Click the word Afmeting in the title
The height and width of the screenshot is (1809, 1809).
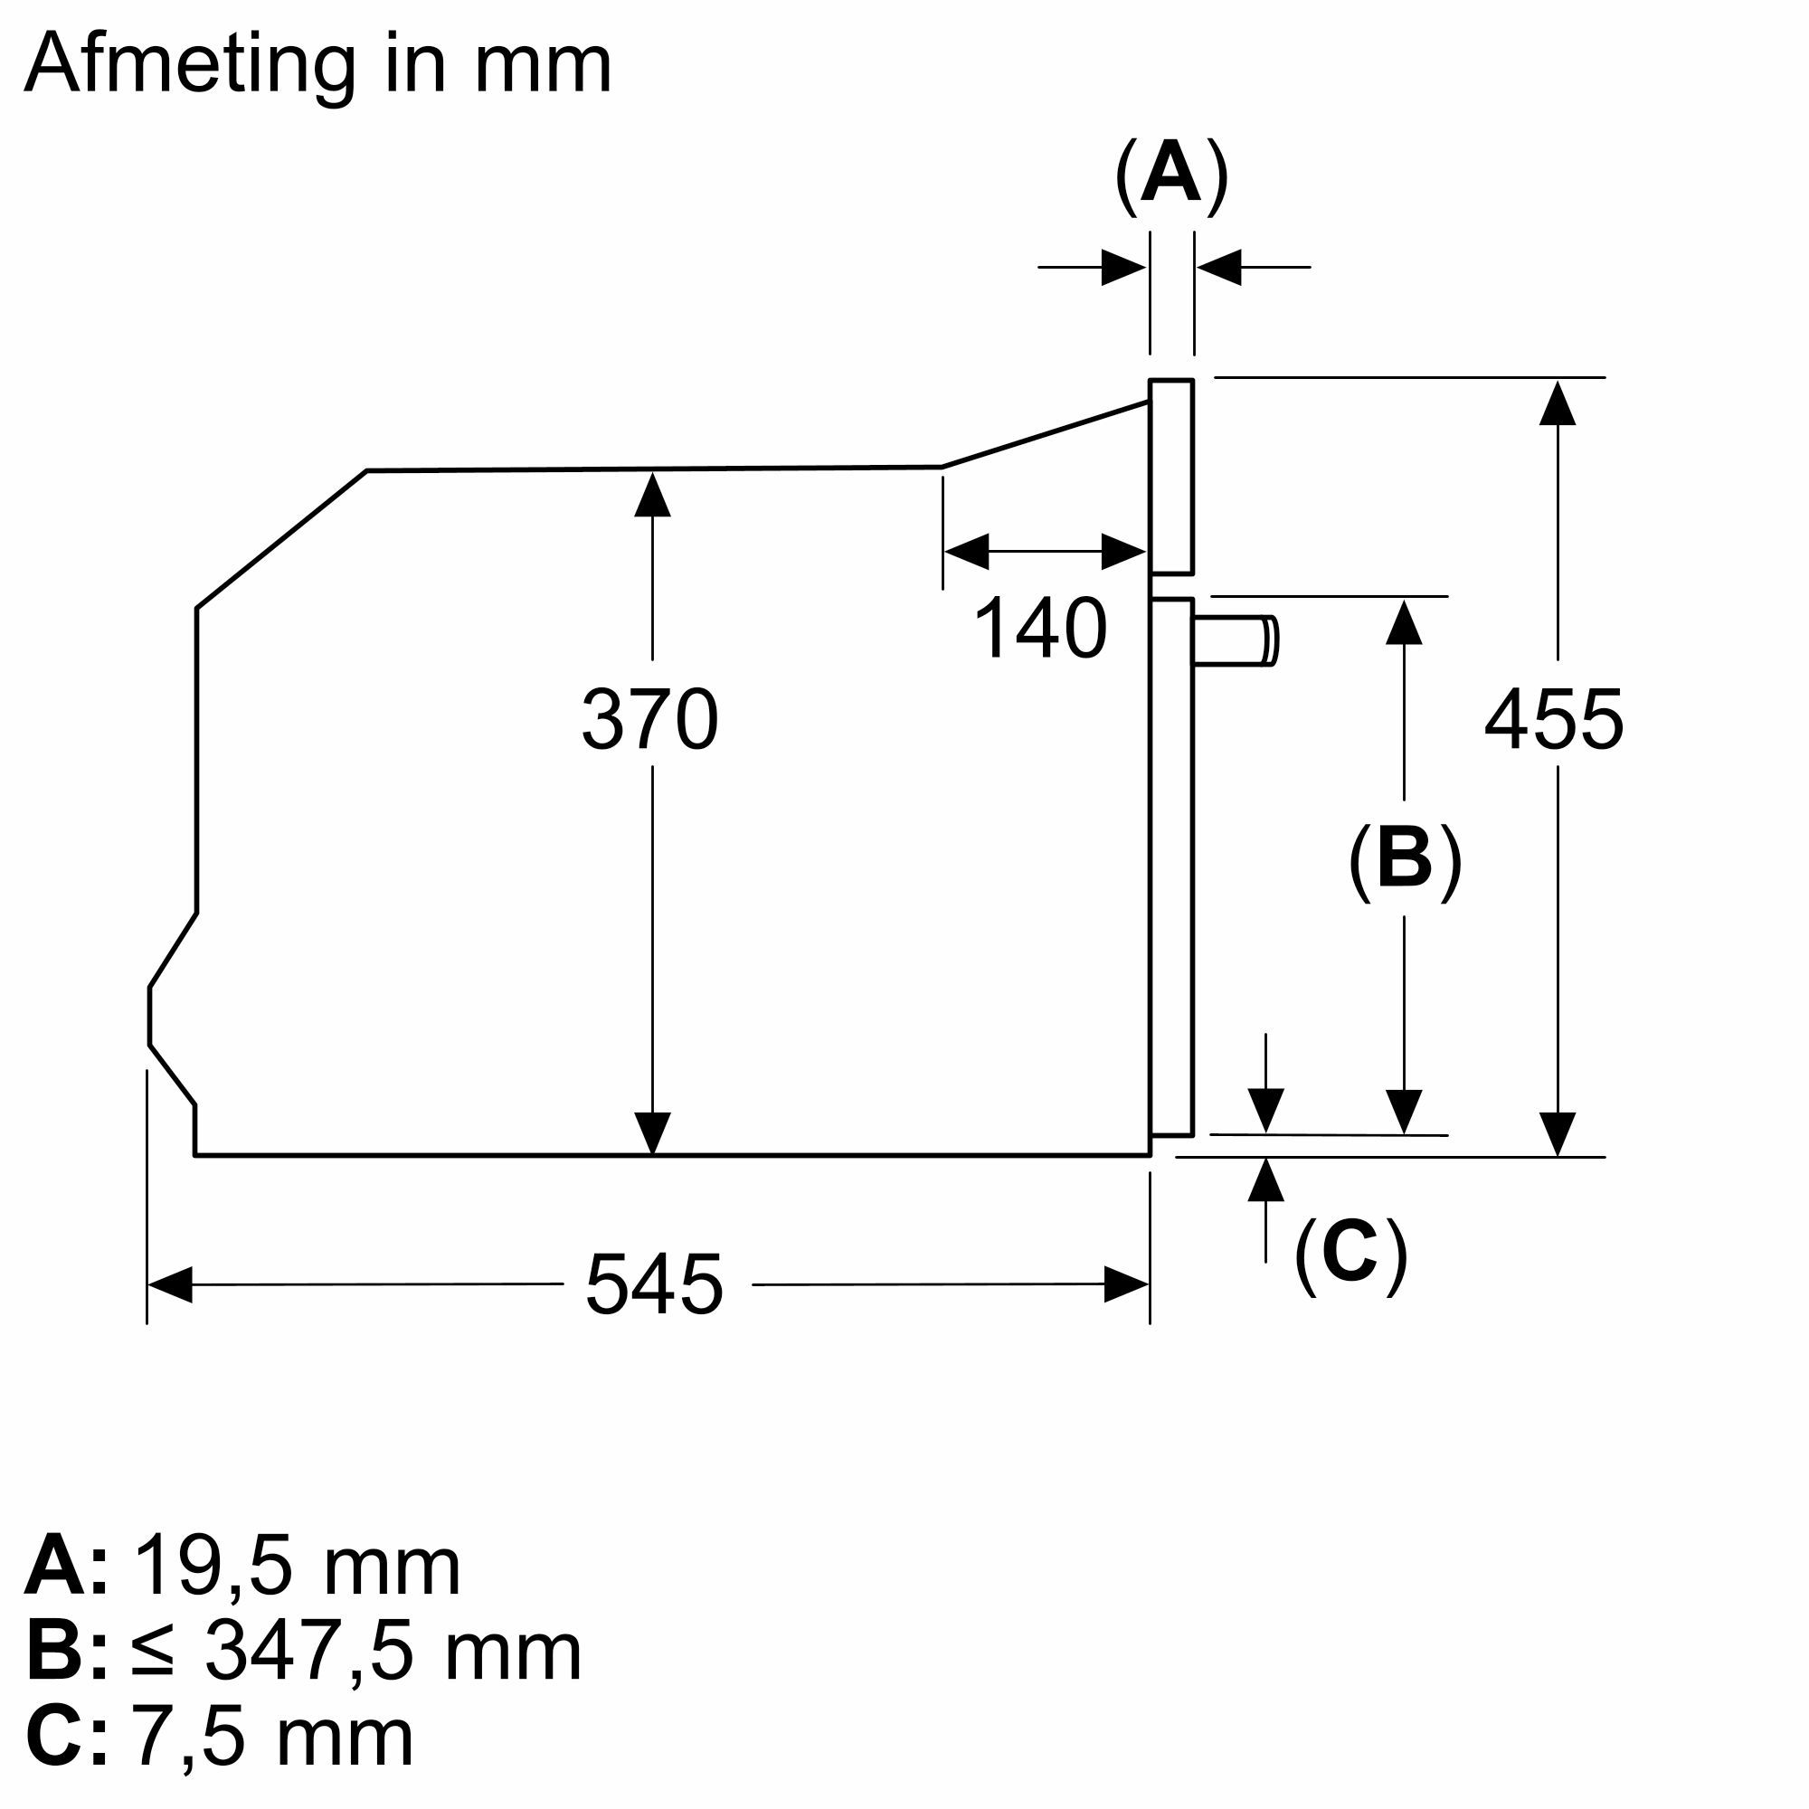tap(190, 65)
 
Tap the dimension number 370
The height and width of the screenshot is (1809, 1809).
tap(649, 720)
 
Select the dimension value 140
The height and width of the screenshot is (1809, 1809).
tap(1040, 630)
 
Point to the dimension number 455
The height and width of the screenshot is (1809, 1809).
tap(1553, 720)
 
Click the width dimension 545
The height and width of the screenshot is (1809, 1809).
tap(654, 1284)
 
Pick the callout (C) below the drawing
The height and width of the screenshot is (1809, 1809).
tap(1350, 1255)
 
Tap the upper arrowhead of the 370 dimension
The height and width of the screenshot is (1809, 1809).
tap(653, 494)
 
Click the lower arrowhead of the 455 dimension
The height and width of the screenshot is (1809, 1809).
tap(1558, 1134)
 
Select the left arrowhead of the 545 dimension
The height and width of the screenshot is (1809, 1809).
tap(170, 1284)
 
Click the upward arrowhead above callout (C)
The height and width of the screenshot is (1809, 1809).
tap(1266, 1179)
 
